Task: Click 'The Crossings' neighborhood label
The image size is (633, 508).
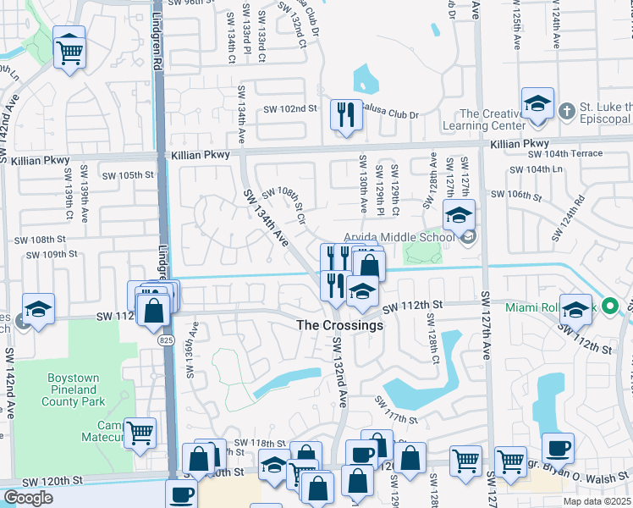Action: [339, 325]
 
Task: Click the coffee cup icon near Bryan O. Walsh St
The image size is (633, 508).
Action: [558, 448]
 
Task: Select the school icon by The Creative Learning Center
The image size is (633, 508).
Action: [537, 103]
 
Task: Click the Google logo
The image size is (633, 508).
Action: [28, 498]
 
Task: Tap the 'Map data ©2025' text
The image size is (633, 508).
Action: [596, 501]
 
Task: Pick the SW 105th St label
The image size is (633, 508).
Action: [129, 175]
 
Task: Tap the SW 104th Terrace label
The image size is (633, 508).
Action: [565, 153]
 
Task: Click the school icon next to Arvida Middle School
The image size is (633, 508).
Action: [459, 217]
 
